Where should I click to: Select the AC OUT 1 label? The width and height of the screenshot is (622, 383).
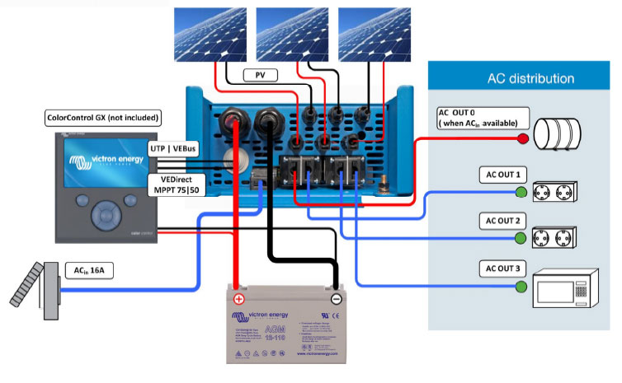(501, 175)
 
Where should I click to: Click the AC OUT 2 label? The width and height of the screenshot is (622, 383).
(501, 221)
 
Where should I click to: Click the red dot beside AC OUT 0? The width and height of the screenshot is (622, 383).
(522, 139)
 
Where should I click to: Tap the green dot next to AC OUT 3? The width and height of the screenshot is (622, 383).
(521, 287)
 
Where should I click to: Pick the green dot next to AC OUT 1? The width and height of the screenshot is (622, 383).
(521, 193)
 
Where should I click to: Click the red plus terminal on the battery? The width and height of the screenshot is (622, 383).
(238, 299)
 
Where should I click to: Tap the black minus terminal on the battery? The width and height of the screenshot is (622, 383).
(337, 299)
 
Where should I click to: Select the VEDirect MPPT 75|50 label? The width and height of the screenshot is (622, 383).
(177, 183)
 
